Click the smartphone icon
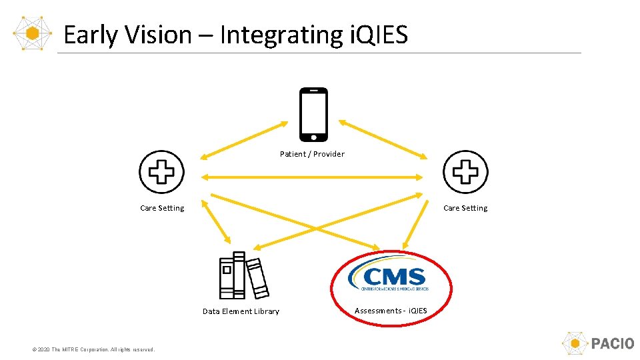313,114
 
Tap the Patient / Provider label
312,154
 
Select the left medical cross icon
161,172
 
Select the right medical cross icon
465,172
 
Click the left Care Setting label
162,208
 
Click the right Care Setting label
465,208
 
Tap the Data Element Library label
241,311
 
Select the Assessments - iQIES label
391,311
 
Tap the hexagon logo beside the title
32,32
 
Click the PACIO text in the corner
613,344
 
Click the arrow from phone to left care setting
244,140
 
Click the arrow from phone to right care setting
383,139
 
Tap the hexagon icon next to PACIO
575,344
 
